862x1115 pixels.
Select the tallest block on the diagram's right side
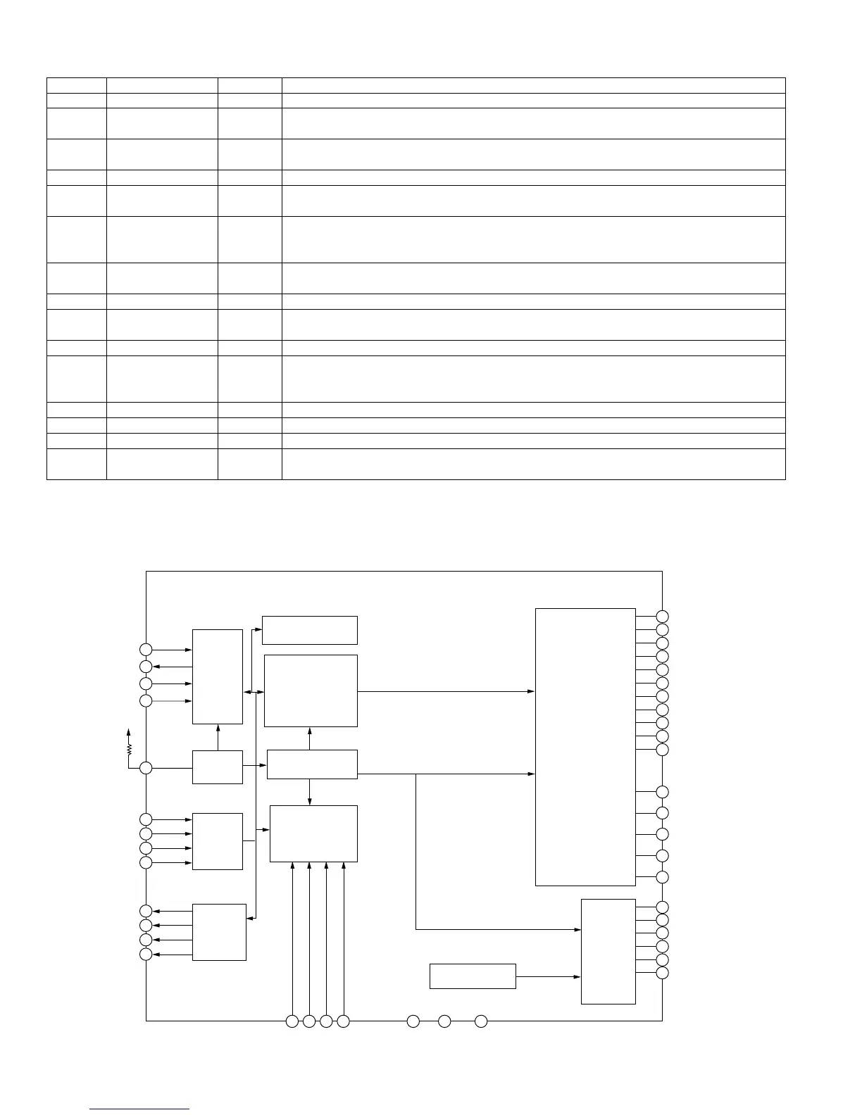(585, 746)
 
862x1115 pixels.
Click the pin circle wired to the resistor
(146, 768)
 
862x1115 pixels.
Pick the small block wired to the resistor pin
(218, 767)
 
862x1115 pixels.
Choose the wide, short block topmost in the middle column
(310, 630)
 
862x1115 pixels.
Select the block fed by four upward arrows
(313, 833)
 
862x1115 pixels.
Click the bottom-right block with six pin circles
(608, 951)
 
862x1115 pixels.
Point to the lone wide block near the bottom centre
(473, 976)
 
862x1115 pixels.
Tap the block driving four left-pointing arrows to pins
(219, 932)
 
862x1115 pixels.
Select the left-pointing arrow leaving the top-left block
(173, 667)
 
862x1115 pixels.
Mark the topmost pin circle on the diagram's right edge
(662, 617)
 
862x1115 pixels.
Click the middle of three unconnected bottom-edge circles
(444, 1021)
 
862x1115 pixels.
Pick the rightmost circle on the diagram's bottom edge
(481, 1021)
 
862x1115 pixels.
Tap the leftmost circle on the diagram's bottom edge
(292, 1021)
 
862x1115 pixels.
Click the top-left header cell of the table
(77, 85)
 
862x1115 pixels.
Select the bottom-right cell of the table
(533, 464)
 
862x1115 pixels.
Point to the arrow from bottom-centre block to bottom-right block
(548, 977)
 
